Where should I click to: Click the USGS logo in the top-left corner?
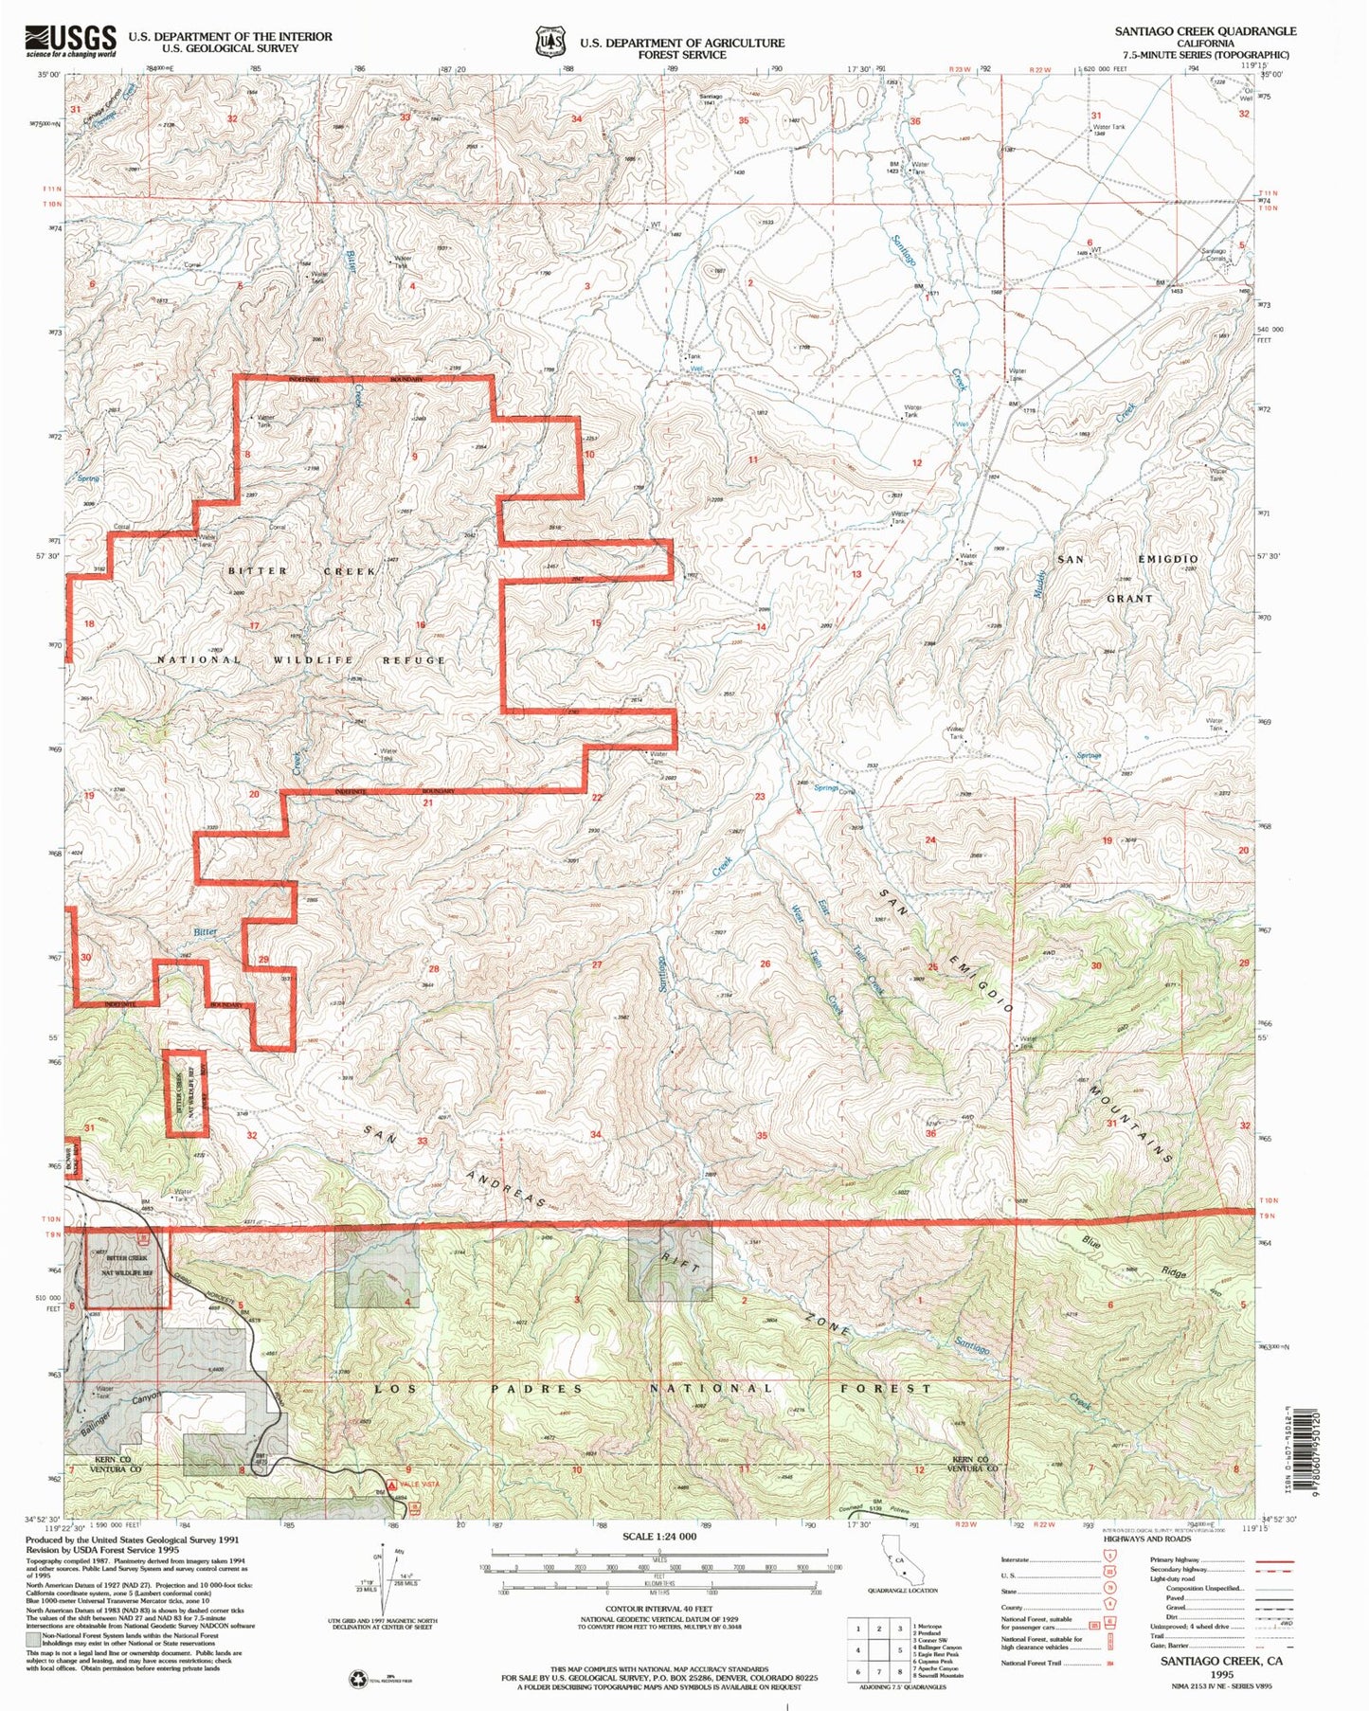pyautogui.click(x=71, y=42)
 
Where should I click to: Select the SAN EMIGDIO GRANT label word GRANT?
pyautogui.click(x=1129, y=599)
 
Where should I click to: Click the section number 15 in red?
pyautogui.click(x=596, y=622)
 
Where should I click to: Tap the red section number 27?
pyautogui.click(x=597, y=964)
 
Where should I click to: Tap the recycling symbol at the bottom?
pyautogui.click(x=357, y=1678)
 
